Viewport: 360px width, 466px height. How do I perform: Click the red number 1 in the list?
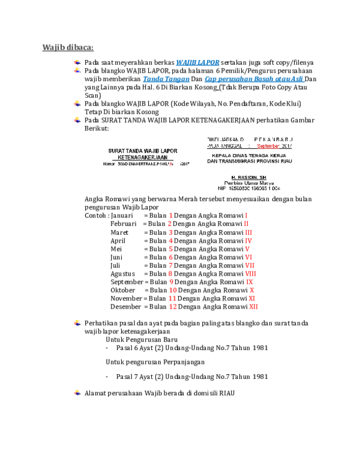(x=171, y=215)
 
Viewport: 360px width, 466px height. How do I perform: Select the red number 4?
(x=171, y=240)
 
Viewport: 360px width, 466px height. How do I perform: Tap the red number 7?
(x=171, y=265)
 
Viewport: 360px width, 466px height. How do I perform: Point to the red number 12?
(x=173, y=306)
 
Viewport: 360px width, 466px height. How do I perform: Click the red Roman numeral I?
(x=246, y=215)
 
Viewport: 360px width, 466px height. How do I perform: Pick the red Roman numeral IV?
(x=248, y=240)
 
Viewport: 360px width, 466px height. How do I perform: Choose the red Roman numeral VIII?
(x=251, y=273)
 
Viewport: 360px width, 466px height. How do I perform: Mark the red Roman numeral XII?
(x=253, y=306)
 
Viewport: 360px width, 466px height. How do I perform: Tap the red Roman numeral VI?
(x=249, y=256)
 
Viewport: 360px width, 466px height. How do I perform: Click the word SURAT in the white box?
(x=118, y=150)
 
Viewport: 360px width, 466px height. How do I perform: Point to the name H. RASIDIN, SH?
(x=248, y=177)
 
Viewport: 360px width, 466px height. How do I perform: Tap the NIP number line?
(x=249, y=189)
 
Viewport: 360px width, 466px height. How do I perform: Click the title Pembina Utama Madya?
(x=249, y=183)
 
